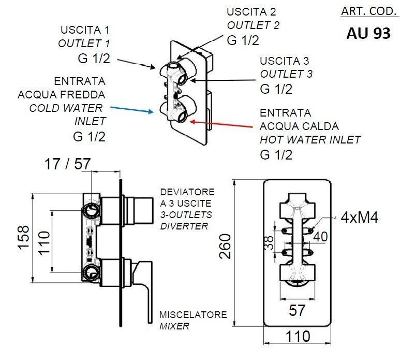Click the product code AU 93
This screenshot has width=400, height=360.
click(x=368, y=33)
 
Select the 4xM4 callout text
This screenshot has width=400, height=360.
click(x=359, y=217)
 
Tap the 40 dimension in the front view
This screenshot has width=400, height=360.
click(x=320, y=236)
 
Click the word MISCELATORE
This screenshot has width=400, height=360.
click(x=192, y=314)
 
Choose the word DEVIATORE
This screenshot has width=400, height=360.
click(x=185, y=191)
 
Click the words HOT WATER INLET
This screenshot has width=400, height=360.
click(x=310, y=139)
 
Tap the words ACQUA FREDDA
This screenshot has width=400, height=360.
click(x=62, y=95)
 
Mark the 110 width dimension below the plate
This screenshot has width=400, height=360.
click(x=299, y=337)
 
